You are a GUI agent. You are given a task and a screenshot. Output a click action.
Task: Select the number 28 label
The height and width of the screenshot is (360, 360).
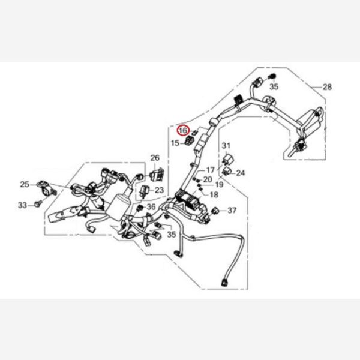click(326, 87)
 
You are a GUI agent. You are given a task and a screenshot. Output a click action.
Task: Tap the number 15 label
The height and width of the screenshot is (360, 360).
click(175, 143)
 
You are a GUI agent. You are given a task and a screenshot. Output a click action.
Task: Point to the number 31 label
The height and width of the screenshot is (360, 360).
click(226, 146)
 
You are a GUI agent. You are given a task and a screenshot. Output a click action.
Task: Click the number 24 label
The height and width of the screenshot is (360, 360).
click(241, 173)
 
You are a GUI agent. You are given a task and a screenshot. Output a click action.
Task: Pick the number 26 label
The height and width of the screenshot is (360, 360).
click(154, 158)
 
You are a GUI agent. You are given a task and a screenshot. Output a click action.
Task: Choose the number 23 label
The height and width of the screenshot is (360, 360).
click(159, 190)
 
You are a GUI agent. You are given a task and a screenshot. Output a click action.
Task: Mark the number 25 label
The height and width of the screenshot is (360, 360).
click(25, 184)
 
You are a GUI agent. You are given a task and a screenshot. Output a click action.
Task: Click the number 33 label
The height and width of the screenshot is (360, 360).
click(22, 205)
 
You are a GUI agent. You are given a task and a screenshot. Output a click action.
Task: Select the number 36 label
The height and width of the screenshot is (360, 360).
click(151, 207)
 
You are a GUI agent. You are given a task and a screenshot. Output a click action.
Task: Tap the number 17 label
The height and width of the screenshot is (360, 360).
click(210, 170)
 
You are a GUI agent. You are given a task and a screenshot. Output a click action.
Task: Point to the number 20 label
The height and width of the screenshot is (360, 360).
click(207, 179)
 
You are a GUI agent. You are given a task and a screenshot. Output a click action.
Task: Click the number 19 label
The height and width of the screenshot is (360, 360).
click(218, 185)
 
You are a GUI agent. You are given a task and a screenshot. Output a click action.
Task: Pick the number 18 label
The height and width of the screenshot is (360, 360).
click(214, 194)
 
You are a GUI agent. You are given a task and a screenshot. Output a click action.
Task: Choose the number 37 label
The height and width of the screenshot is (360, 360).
click(232, 210)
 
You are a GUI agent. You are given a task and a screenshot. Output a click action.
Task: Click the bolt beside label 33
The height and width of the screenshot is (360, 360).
click(37, 205)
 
